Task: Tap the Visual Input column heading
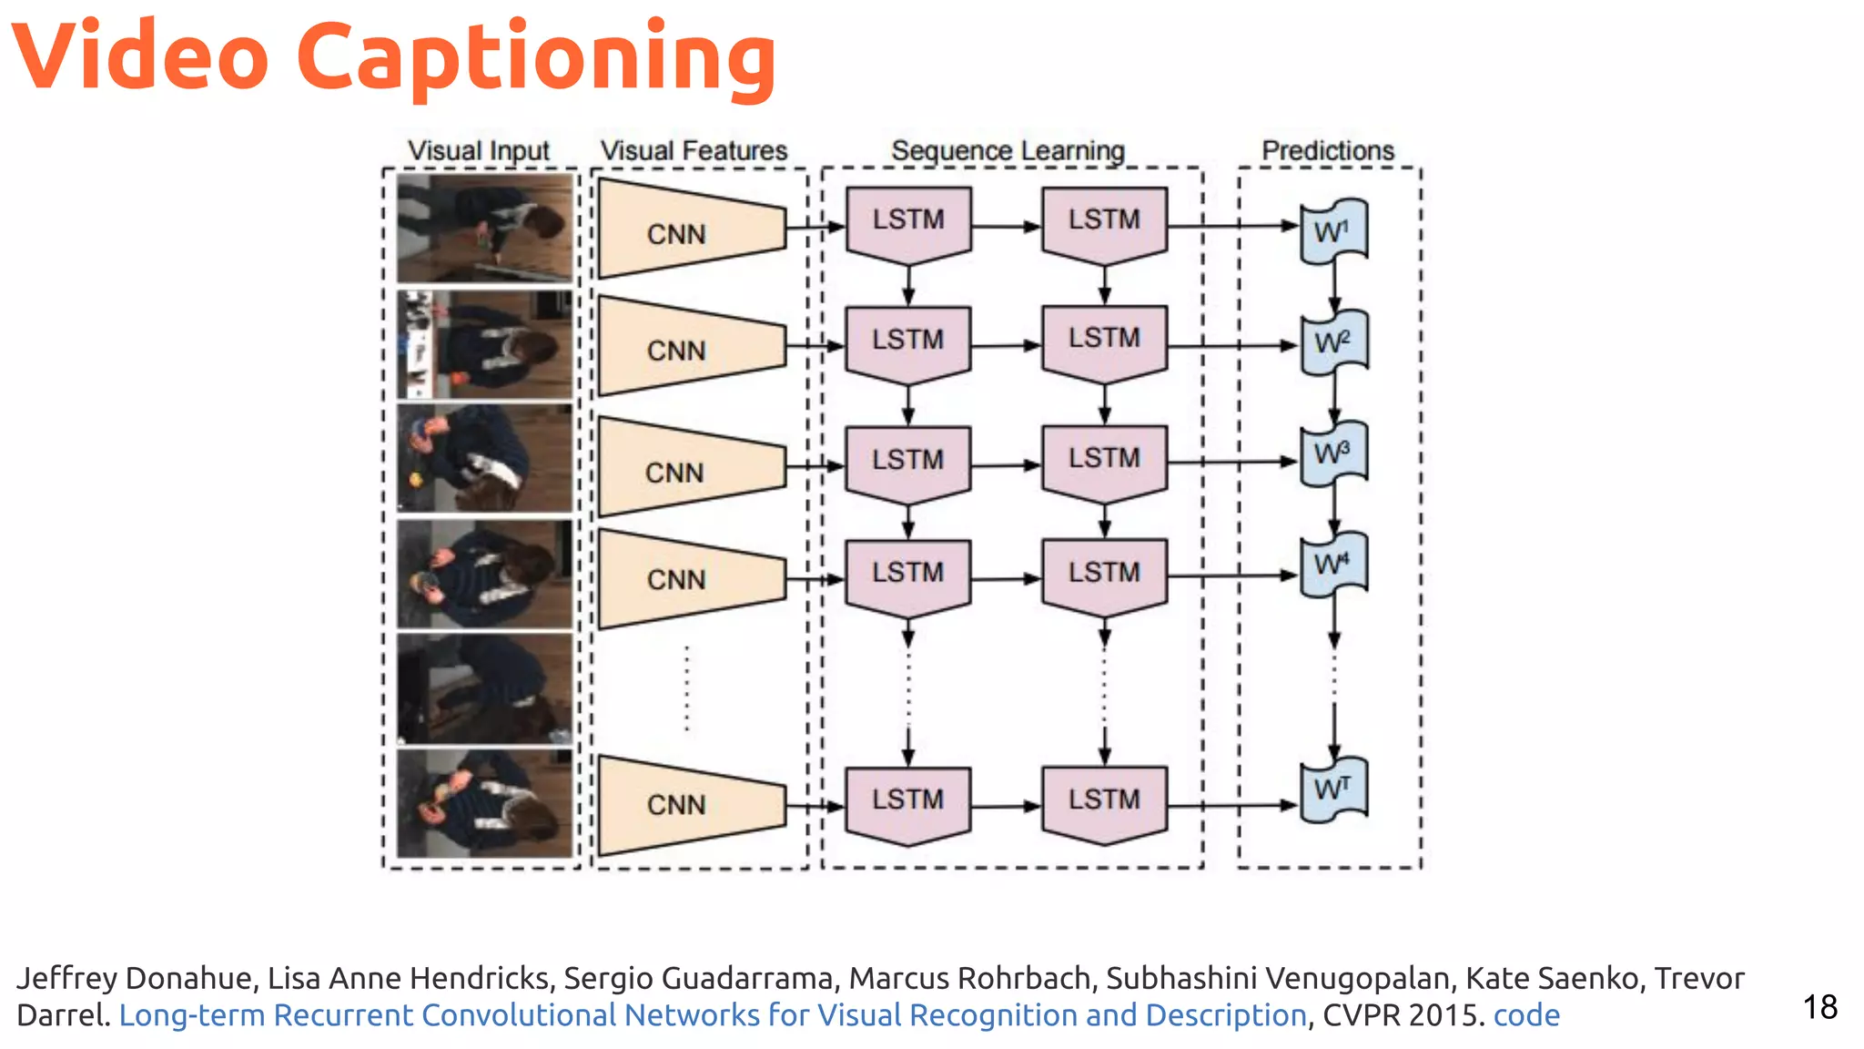click(x=479, y=150)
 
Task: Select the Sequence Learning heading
click(x=1008, y=150)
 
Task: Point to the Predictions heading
click(x=1328, y=150)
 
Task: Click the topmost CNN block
click(x=688, y=229)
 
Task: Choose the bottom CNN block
click(x=688, y=804)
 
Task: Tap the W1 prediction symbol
click(x=1333, y=231)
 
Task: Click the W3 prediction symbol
click(x=1333, y=453)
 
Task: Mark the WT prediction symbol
click(x=1333, y=789)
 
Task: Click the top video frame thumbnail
click(x=485, y=229)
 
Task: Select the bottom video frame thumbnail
click(x=485, y=803)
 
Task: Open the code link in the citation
click(x=1526, y=1014)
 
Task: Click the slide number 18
click(x=1819, y=1007)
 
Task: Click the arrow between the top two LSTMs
click(x=1006, y=226)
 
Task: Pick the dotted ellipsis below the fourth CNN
click(x=687, y=688)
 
